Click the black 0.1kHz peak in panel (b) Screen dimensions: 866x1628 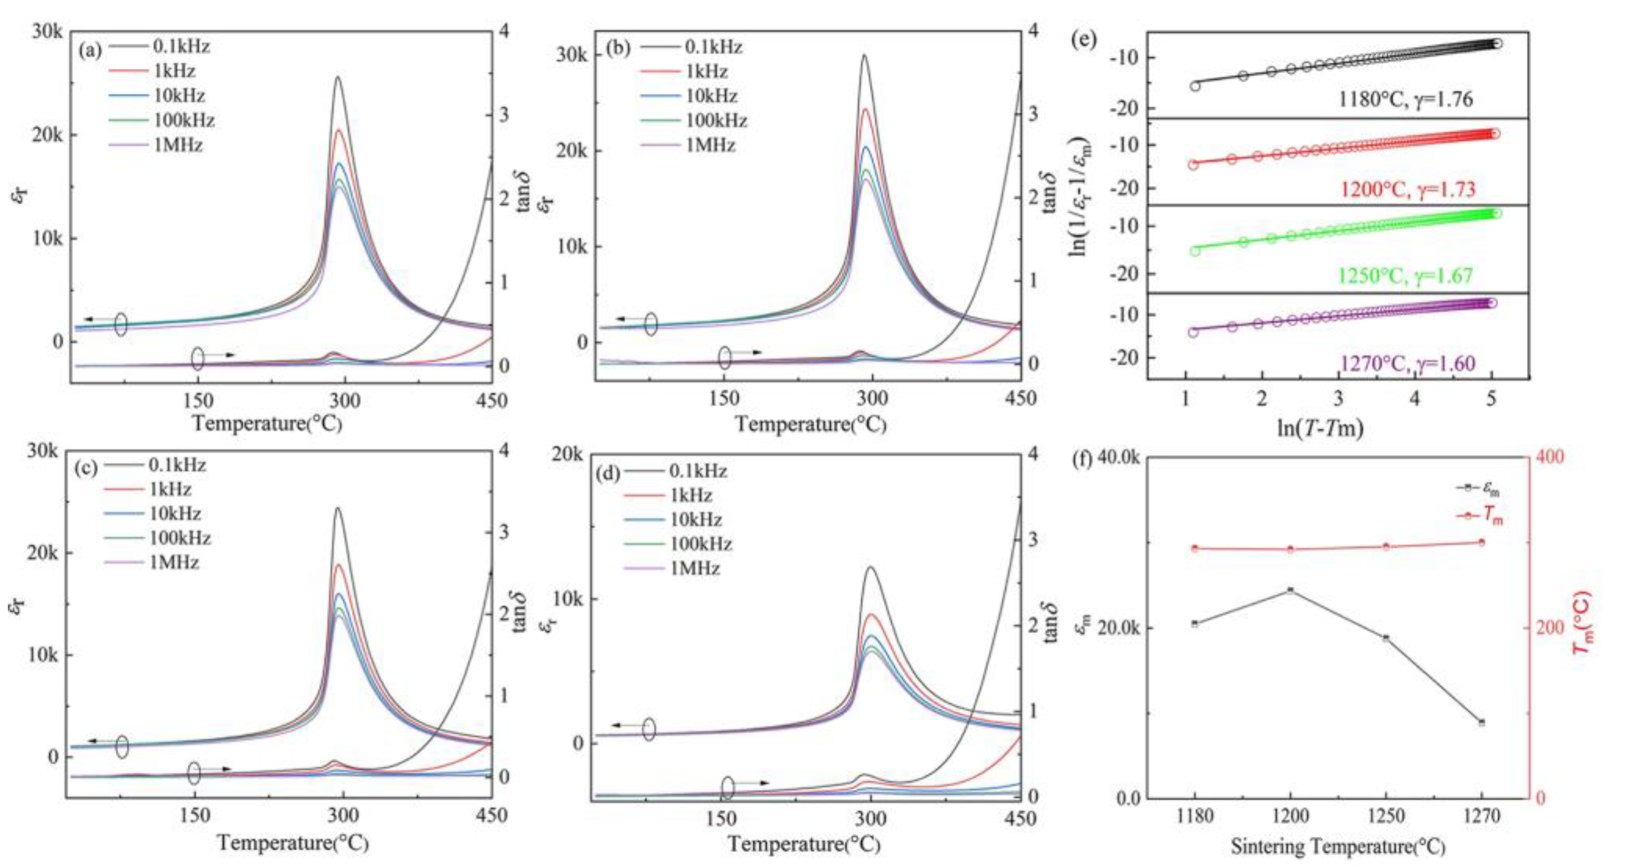tap(864, 56)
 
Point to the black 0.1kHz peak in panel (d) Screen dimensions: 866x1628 tap(871, 567)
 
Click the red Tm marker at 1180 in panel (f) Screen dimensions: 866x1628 tap(1194, 548)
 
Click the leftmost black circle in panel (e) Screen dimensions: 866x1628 tap(1194, 86)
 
